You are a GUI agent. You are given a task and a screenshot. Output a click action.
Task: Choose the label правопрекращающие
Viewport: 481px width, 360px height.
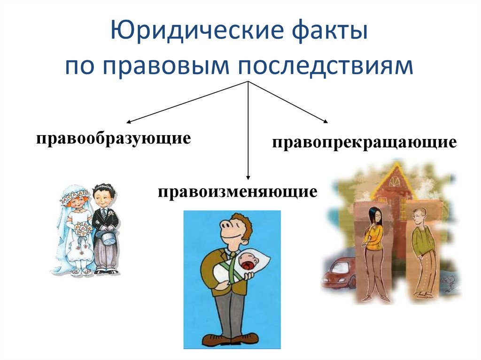tap(364, 142)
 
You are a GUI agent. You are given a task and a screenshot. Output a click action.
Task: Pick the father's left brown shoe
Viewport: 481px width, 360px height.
tap(212, 339)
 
